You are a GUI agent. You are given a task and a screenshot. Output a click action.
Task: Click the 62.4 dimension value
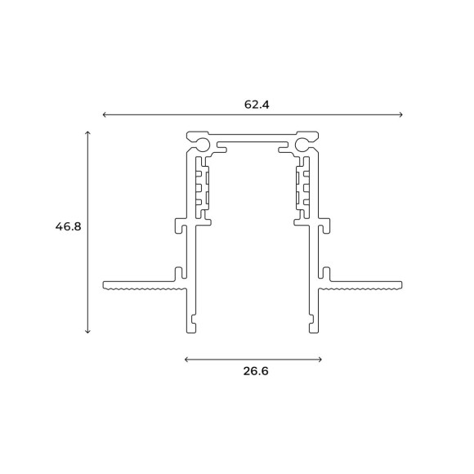(x=256, y=105)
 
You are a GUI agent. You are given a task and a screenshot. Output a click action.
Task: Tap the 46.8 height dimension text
(x=68, y=226)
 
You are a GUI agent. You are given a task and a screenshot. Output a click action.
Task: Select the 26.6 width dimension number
(x=256, y=371)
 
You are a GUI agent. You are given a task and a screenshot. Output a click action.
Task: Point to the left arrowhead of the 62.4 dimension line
(x=105, y=115)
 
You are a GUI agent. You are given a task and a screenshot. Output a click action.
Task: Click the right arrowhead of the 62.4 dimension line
(x=400, y=115)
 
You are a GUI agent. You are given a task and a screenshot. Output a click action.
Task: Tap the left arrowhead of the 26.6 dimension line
(x=188, y=359)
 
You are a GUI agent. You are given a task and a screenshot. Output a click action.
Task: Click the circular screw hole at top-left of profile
(x=202, y=145)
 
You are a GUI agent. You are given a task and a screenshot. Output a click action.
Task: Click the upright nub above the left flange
(x=175, y=272)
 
